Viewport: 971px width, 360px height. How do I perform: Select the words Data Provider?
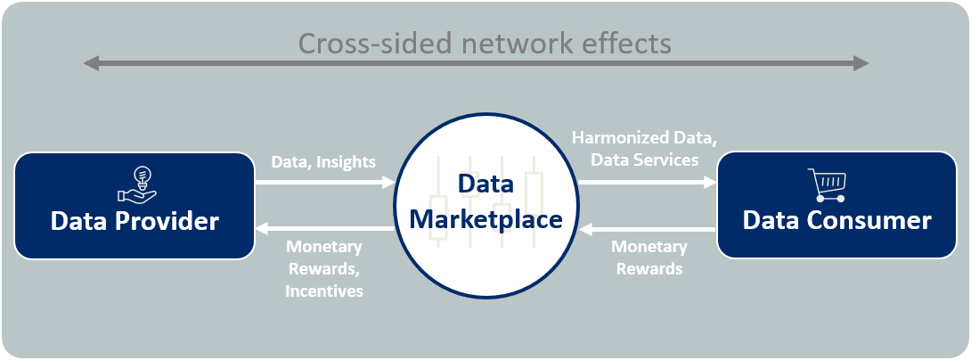pos(135,221)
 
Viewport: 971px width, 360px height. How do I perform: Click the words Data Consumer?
pos(837,221)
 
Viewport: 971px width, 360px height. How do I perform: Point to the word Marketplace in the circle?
pos(485,218)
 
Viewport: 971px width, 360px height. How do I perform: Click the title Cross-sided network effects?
pos(484,43)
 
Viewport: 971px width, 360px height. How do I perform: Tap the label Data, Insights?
pos(322,161)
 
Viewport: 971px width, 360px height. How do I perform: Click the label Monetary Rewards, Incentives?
pos(324,268)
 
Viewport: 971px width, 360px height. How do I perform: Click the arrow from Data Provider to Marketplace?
pos(325,183)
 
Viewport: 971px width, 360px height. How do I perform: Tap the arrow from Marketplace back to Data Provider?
pos(325,230)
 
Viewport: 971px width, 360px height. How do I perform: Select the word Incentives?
pos(324,290)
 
